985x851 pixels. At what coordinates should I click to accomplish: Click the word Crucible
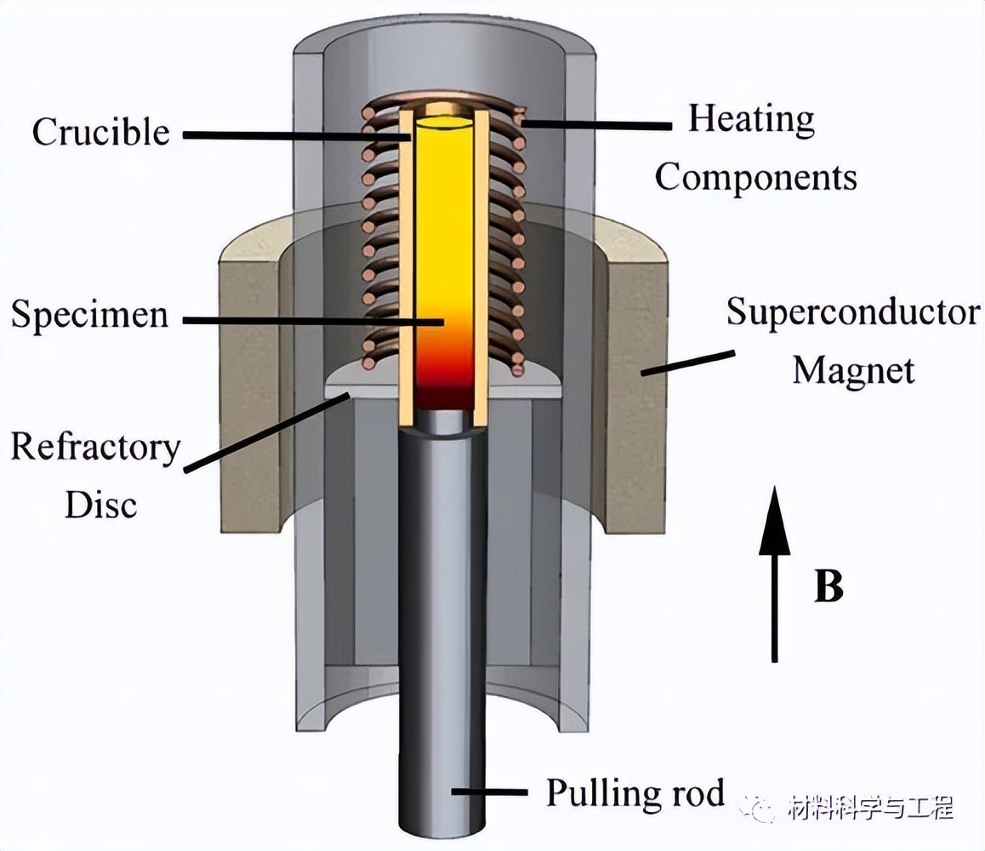coord(100,132)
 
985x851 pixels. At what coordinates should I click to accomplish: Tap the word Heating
coord(750,119)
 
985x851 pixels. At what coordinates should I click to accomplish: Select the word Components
coord(755,177)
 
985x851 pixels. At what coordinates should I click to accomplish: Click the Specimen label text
coord(88,315)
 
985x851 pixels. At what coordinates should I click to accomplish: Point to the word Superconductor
coord(851,313)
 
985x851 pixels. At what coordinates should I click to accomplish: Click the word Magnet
coord(853,370)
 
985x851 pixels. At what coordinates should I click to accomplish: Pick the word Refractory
coord(95,447)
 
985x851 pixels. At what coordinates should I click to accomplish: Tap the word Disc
coord(100,505)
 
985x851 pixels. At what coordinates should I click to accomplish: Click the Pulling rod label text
coord(635,792)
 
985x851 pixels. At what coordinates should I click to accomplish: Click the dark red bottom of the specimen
coord(441,396)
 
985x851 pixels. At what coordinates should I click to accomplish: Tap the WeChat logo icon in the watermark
coord(756,806)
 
